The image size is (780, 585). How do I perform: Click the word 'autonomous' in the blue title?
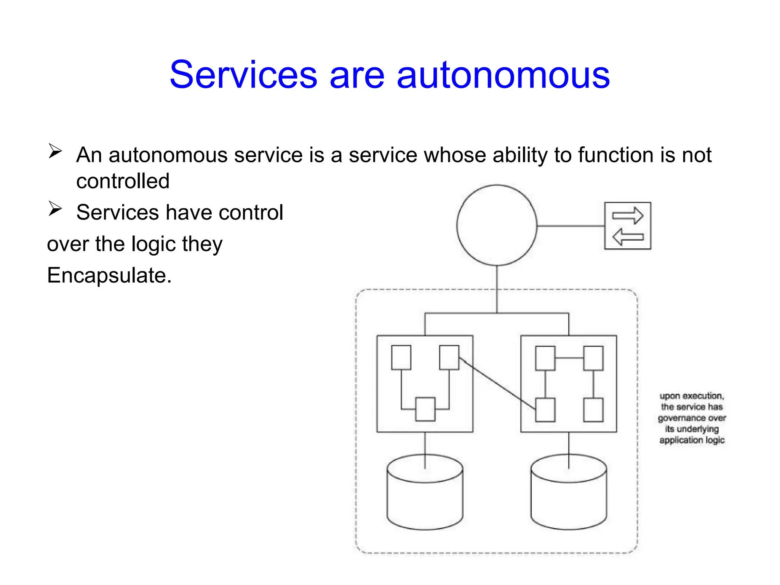coord(503,75)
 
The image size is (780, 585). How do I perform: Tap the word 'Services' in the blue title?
coord(243,75)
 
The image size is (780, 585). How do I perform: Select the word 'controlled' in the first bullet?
coord(123,181)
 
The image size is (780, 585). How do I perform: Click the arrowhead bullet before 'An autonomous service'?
coord(55,151)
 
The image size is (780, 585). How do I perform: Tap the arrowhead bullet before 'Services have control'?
coord(55,209)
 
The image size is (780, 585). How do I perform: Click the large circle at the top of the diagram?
coord(497,225)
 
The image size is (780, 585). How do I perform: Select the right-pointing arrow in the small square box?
coord(627,216)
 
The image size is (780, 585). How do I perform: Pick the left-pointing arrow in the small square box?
coord(628,237)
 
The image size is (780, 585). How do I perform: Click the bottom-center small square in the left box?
coord(425,409)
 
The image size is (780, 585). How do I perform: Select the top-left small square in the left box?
coord(401,358)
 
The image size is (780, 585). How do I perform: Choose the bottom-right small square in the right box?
coord(593,410)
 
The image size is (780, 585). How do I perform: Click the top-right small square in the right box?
coord(593,358)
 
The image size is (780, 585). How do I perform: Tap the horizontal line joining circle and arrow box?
coord(571,226)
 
